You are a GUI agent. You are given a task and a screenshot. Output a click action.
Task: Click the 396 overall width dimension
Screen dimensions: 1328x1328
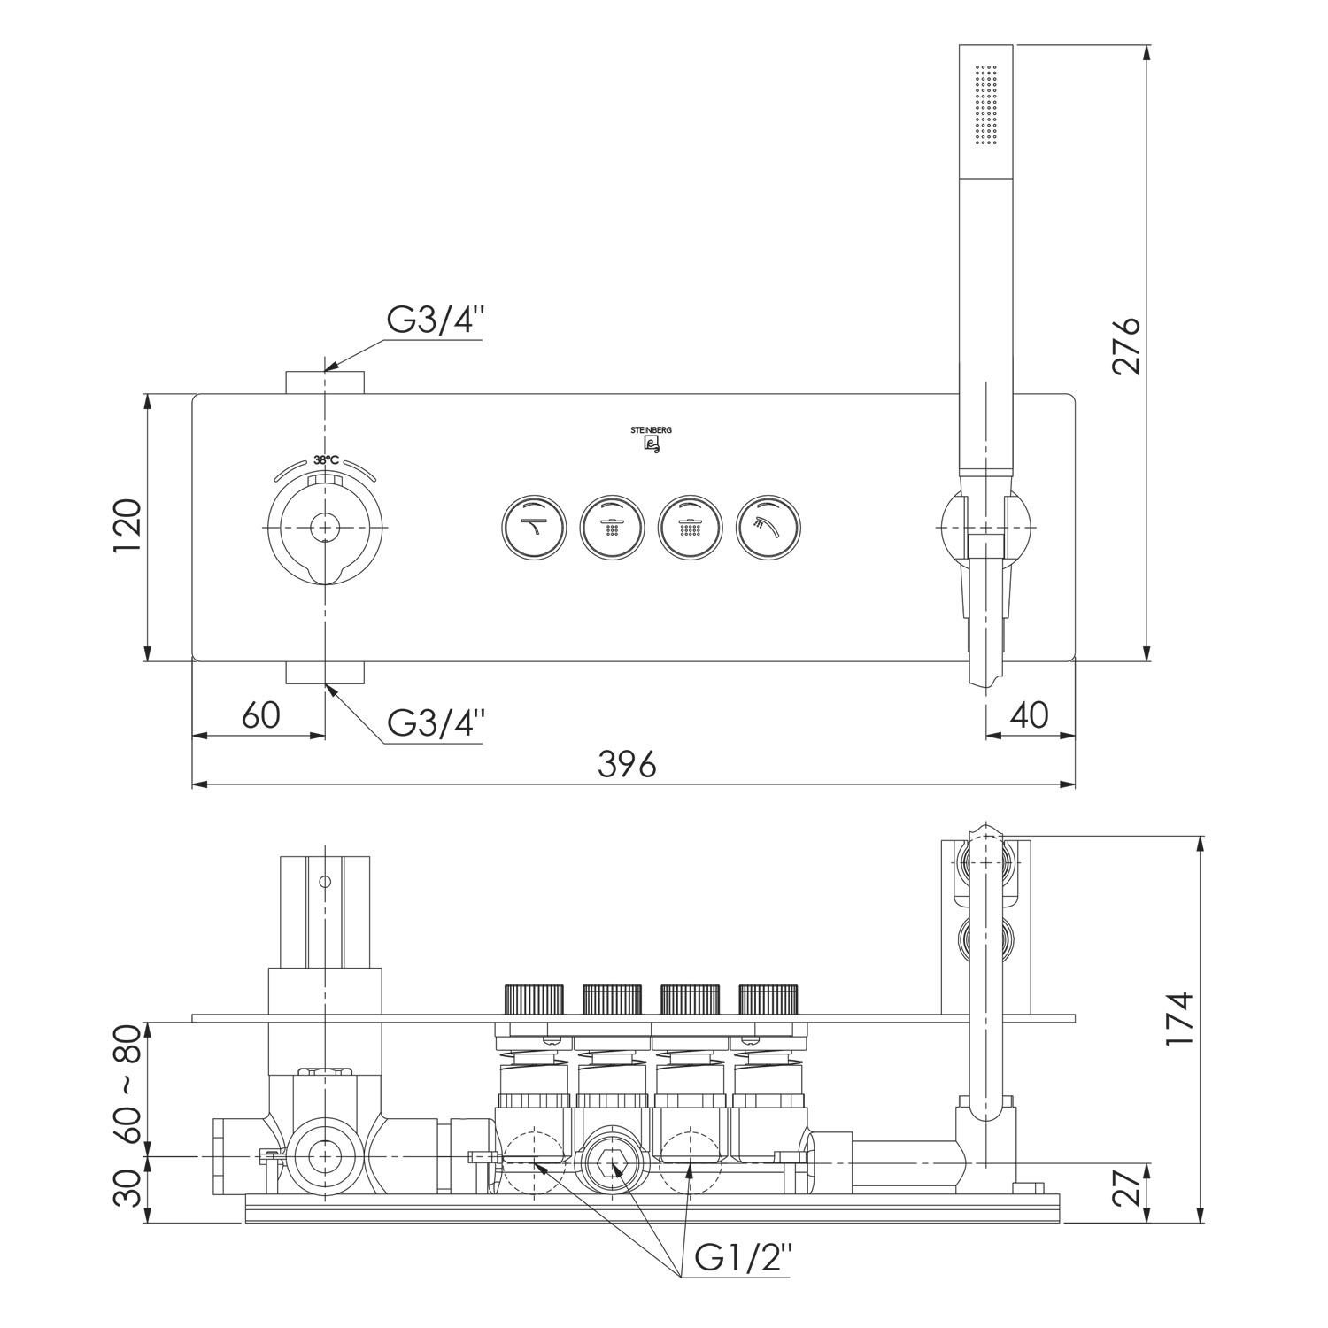click(x=627, y=762)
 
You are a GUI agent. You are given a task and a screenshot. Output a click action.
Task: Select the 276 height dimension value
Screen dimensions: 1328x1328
click(x=1126, y=345)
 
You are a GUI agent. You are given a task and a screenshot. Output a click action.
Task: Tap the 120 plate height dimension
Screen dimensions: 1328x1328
click(x=127, y=527)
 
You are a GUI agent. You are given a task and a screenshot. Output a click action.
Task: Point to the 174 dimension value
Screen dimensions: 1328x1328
click(x=1179, y=1019)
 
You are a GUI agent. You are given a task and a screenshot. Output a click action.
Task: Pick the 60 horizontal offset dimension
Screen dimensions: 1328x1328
click(x=261, y=714)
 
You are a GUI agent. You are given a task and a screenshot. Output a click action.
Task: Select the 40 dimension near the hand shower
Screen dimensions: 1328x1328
click(x=1028, y=714)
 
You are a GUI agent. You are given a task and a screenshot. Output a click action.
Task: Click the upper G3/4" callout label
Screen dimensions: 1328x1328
click(x=436, y=321)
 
